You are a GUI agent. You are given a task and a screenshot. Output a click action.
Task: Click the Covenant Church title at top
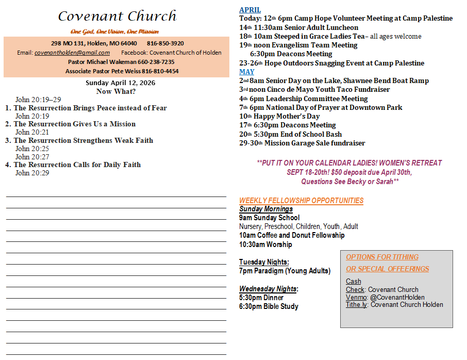coord(117,16)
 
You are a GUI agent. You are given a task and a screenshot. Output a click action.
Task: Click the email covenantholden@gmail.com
coord(72,53)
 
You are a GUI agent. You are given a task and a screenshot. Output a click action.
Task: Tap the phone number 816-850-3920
coord(165,43)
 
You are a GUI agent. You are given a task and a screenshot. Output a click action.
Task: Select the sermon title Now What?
coord(116,91)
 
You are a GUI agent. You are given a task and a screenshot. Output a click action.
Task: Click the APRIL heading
coord(250,10)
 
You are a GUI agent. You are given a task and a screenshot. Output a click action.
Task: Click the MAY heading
coord(246,72)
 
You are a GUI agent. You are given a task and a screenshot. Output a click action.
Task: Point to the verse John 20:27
coord(32,157)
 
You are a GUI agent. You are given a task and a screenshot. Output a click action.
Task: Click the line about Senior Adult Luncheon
coord(299,27)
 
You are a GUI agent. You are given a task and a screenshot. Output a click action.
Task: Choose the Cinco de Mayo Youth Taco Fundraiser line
coord(314,89)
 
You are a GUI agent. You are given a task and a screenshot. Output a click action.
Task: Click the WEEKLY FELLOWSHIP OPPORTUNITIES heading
coord(301,201)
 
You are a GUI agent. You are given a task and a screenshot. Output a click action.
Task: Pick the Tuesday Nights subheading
coord(264,262)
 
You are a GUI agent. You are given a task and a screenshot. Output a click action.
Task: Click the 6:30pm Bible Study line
coord(269,306)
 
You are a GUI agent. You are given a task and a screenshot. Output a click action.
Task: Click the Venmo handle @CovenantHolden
coord(397,297)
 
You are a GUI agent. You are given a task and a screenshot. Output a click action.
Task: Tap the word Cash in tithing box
coord(354,282)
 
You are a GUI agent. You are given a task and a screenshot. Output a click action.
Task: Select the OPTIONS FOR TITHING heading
coord(382,257)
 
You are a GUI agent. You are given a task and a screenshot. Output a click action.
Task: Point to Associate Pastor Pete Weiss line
coord(122,71)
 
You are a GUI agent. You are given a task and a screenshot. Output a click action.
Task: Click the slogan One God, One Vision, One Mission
coord(114,31)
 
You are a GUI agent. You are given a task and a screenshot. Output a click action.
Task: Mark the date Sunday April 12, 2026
coord(120,83)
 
